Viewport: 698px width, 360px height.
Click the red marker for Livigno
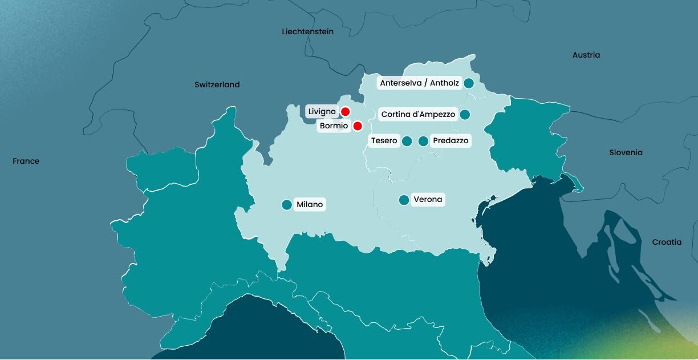[345, 112]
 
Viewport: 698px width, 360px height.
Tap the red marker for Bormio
[358, 126]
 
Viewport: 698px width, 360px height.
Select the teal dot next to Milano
[287, 205]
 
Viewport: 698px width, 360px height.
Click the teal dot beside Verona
[404, 200]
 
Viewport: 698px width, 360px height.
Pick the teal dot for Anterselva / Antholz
[469, 83]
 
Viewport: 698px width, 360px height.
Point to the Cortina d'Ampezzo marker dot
[465, 115]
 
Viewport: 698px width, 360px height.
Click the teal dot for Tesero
[407, 141]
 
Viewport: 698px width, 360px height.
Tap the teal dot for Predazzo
[423, 141]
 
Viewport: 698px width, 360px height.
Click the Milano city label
[310, 205]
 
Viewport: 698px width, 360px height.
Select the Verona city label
[428, 200]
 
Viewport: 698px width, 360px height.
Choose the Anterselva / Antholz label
[419, 83]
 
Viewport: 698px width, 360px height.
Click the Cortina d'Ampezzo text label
[418, 115]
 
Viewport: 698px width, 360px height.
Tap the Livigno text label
[322, 112]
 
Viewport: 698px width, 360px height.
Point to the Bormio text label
[334, 126]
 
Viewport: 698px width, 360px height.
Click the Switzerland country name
[217, 84]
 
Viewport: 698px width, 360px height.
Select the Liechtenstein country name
[307, 32]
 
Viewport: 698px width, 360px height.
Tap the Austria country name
[586, 55]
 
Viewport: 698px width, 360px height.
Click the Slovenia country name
[626, 153]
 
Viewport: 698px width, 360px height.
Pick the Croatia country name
[667, 242]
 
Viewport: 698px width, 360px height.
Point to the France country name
[26, 161]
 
